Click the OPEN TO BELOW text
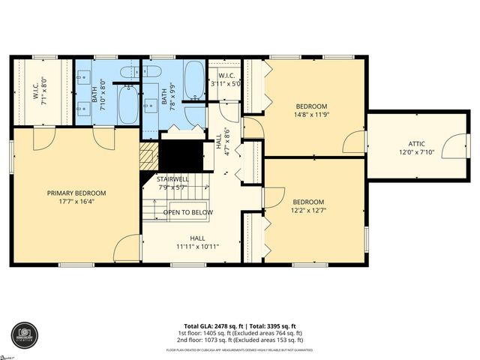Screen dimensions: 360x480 pyautogui.click(x=188, y=212)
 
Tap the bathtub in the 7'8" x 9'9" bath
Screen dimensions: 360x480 pyautogui.click(x=193, y=79)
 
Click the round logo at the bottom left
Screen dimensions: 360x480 pyautogui.click(x=22, y=335)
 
